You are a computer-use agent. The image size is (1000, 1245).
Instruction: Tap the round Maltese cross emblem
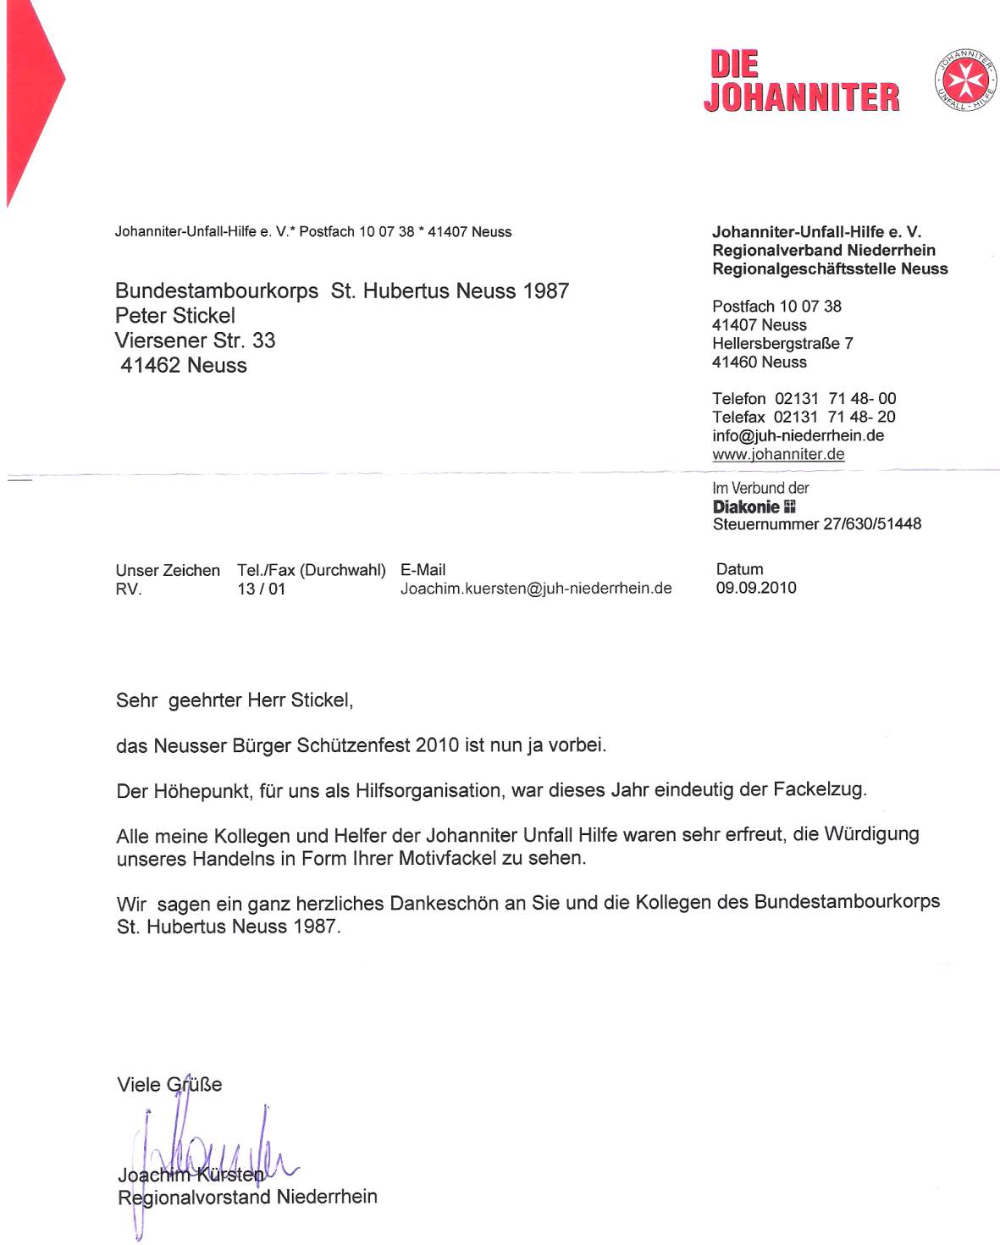pyautogui.click(x=965, y=80)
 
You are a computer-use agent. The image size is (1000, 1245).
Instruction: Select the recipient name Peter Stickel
pyautogui.click(x=175, y=316)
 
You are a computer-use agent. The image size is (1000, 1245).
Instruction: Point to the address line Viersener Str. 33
pyautogui.click(x=195, y=340)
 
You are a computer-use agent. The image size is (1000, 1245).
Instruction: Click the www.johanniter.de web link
pyautogui.click(x=778, y=454)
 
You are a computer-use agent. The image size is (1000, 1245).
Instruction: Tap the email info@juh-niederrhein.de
pyautogui.click(x=798, y=435)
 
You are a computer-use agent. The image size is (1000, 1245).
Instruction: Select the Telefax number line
pyautogui.click(x=803, y=417)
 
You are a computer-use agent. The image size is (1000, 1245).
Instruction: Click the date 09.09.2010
pyautogui.click(x=756, y=588)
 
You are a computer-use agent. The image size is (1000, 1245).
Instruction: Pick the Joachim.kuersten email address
pyautogui.click(x=536, y=589)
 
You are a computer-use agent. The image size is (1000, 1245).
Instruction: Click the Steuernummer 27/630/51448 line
pyautogui.click(x=816, y=524)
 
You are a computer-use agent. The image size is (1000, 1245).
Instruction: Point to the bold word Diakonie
pyautogui.click(x=746, y=506)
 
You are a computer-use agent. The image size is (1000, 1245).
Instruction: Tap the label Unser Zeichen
pyautogui.click(x=168, y=571)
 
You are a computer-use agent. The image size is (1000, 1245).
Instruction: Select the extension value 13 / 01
pyautogui.click(x=261, y=589)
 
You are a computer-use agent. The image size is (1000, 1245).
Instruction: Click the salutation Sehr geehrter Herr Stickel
pyautogui.click(x=235, y=700)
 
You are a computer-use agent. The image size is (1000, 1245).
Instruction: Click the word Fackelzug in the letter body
pyautogui.click(x=819, y=790)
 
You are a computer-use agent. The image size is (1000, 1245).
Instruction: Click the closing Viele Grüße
pyautogui.click(x=169, y=1085)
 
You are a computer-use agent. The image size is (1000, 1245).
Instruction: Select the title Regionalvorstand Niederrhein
pyautogui.click(x=247, y=1197)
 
